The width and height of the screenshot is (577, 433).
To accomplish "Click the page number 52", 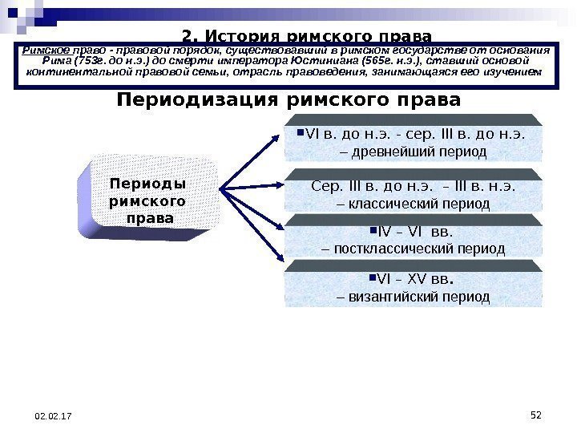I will (537, 414).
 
